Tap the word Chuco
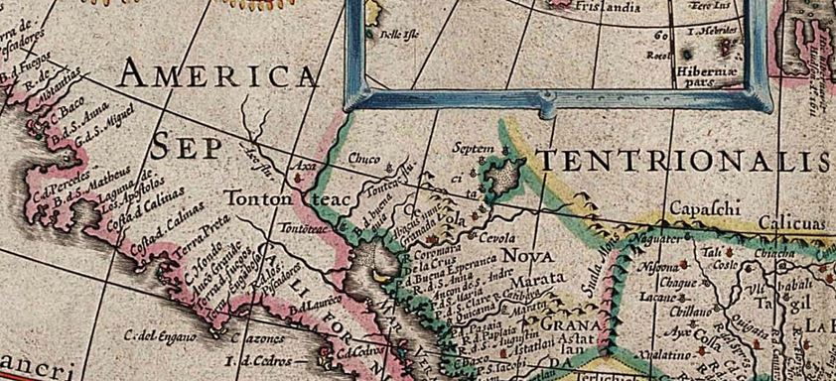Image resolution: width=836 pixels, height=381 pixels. [x=364, y=158]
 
